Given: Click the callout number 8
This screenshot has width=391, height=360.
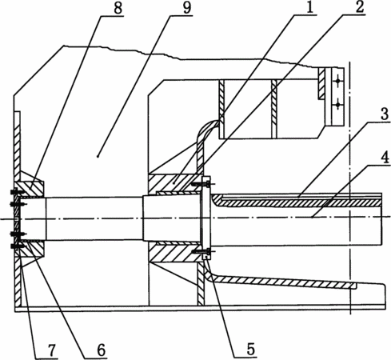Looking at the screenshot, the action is point(118,8).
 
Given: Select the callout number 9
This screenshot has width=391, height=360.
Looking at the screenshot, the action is point(186,8).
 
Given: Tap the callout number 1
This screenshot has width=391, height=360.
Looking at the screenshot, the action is point(309,8).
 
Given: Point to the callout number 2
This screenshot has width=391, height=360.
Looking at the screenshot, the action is point(359,7).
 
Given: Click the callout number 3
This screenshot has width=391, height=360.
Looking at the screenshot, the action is point(383,114).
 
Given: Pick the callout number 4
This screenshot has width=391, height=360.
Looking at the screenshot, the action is point(385,158).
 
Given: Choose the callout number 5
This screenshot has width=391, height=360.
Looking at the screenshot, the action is point(250,349).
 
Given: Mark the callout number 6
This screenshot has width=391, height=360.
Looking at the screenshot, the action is point(101,350).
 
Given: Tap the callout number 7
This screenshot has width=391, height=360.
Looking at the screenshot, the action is point(51,350).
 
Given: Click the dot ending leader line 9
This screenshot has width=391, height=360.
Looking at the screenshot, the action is point(98,156).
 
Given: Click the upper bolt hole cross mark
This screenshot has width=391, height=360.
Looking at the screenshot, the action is point(337,81).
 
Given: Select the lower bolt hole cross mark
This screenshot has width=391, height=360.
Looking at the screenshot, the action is point(337,106).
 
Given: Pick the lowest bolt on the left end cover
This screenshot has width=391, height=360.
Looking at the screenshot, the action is point(15,246).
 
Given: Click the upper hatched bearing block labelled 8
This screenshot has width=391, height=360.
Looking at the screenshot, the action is point(30,189).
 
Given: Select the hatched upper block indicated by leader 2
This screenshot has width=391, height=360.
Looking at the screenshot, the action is point(174,183).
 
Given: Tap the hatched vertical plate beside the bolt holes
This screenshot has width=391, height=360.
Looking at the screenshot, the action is point(321,83).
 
